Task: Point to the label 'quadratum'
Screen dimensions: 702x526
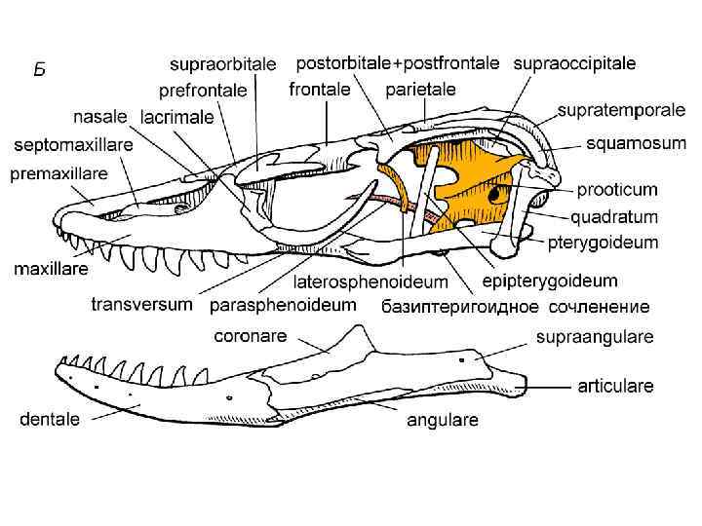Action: click(x=614, y=216)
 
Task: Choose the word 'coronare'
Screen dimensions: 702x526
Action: click(x=250, y=336)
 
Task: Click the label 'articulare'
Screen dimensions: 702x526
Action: click(x=616, y=386)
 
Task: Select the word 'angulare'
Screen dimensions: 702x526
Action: click(x=442, y=421)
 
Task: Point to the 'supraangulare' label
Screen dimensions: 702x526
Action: click(x=595, y=337)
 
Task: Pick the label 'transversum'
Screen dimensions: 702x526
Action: click(x=141, y=304)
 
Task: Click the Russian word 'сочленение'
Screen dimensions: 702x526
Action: click(x=599, y=307)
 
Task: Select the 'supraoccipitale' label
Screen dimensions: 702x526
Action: click(x=574, y=63)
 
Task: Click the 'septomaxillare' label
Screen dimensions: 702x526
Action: click(x=72, y=146)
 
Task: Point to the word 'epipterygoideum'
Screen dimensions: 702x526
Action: click(x=550, y=281)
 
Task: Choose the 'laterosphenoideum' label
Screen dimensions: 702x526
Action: click(x=370, y=282)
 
